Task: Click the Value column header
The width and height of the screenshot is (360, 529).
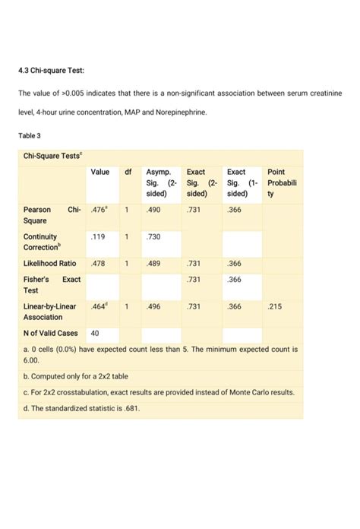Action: coord(100,173)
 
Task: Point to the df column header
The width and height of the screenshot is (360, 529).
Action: coord(128,173)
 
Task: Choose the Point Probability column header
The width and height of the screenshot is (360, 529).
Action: coord(281,183)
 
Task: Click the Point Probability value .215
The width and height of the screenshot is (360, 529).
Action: coord(275,306)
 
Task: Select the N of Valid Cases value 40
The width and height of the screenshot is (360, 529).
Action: coord(96,333)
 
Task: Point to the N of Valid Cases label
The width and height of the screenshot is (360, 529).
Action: coord(52,333)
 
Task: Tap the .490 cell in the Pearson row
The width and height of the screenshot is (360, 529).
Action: coord(153,208)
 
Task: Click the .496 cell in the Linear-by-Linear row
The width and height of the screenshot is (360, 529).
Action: coord(153,306)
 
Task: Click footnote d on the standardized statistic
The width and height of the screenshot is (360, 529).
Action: coord(82,408)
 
